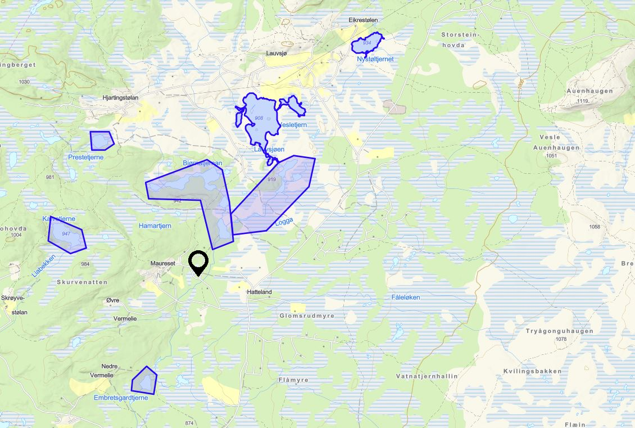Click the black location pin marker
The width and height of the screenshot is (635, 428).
tap(198, 262)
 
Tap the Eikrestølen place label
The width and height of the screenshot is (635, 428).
tap(363, 20)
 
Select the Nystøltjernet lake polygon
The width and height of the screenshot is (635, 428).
tap(367, 43)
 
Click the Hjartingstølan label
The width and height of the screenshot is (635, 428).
tap(121, 97)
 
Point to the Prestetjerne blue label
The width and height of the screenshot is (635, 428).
tap(86, 157)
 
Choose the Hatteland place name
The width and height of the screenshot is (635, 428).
tap(259, 292)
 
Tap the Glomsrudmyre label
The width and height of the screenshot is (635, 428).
tap(307, 316)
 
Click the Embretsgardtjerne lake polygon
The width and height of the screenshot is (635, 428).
tap(144, 380)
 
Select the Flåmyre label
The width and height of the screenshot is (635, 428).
tap(293, 380)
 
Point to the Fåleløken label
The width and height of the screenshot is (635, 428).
tap(405, 297)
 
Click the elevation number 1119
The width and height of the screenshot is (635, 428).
tap(582, 101)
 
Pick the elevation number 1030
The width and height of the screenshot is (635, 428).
tap(24, 82)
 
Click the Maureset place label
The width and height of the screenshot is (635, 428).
tap(163, 263)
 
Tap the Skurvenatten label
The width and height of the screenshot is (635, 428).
tap(82, 282)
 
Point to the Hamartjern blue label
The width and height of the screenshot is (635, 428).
tap(155, 226)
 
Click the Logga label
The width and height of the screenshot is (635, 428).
tap(284, 222)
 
